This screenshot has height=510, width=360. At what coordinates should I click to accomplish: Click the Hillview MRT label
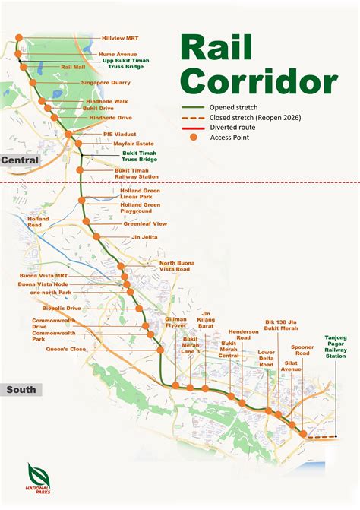121,37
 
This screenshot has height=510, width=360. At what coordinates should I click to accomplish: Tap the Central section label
19,160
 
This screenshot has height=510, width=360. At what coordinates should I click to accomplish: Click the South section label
20,390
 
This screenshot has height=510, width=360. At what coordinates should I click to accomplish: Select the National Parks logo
37,478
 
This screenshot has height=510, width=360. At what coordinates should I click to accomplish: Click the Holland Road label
38,222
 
